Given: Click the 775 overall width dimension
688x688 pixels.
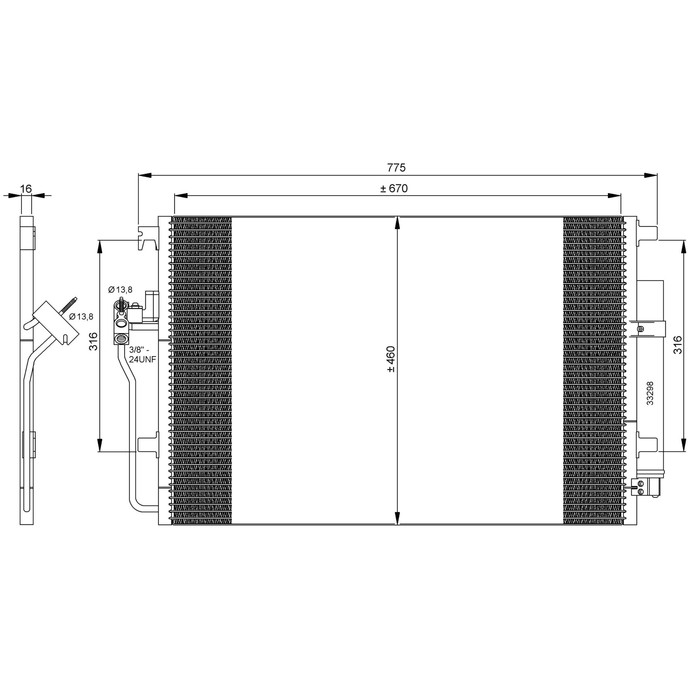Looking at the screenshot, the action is point(396,168).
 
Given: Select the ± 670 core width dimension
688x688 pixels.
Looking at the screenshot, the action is point(394,188).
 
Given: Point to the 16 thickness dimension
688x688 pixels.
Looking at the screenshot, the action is point(26,188).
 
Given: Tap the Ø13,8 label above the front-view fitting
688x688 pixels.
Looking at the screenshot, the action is point(120,289).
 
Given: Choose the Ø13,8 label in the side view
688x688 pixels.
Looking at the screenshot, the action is point(81,316).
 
